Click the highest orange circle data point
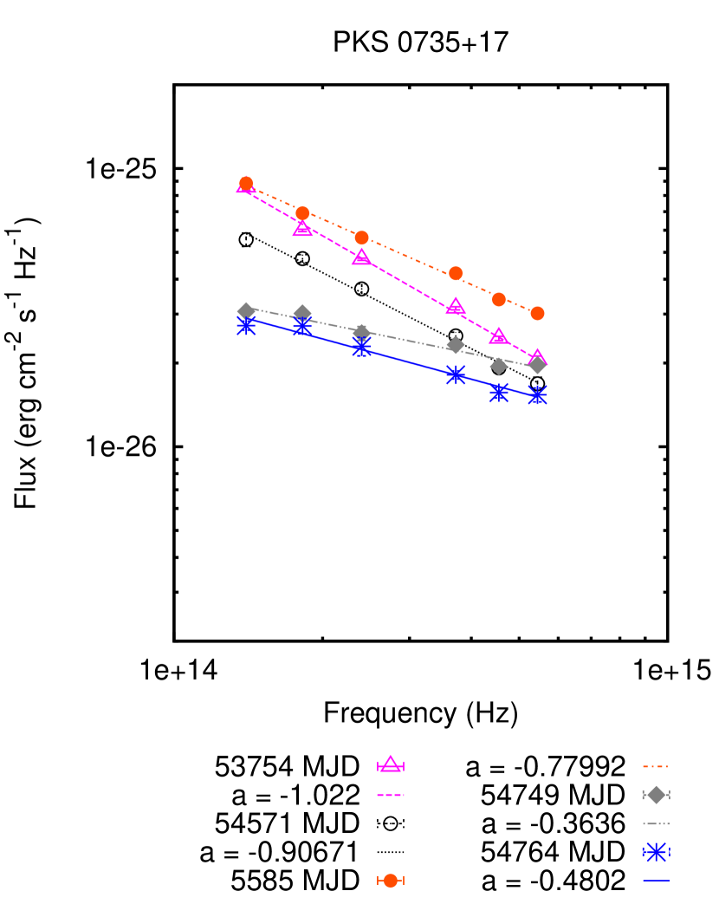point(246,184)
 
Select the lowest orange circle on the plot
point(537,313)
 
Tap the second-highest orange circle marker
point(302,213)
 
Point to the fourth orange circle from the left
point(456,273)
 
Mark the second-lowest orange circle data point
point(499,299)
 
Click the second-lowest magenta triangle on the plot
point(499,336)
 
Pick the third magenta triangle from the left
point(361,257)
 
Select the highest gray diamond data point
point(246,310)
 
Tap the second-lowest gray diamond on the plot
point(499,366)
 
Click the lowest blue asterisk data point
point(537,394)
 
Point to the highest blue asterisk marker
point(246,325)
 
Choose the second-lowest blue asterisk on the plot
point(499,392)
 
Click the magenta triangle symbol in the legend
point(391,764)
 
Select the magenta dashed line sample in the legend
point(391,794)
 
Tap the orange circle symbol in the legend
point(391,880)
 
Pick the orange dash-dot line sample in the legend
point(655,766)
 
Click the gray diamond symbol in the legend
point(656,795)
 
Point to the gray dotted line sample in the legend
point(656,823)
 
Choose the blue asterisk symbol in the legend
point(656,851)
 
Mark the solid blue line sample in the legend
point(656,880)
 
